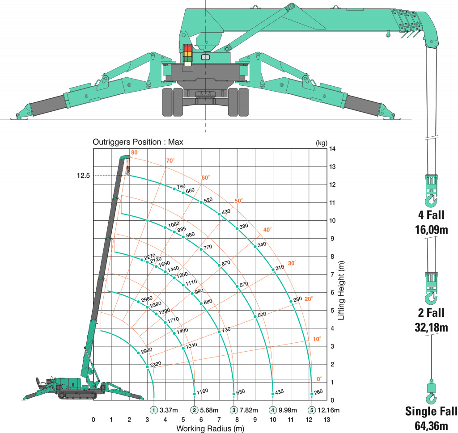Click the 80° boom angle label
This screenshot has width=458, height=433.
coord(135,152)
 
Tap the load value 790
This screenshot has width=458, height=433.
coord(181,186)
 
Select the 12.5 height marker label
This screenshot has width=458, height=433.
coord(83,176)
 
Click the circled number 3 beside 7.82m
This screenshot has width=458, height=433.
coord(233,410)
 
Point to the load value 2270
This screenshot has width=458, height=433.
coord(150,256)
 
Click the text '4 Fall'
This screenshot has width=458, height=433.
coord(431,215)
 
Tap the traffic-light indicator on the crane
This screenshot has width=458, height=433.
coord(187,53)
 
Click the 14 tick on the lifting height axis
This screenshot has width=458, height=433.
coord(332,149)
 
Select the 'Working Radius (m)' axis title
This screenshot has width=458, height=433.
coord(210,429)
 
